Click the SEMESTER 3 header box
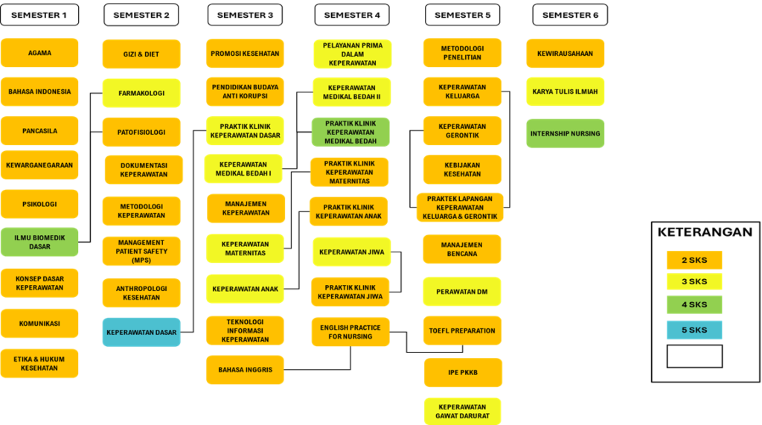pyautogui.click(x=245, y=15)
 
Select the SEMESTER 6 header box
pyautogui.click(x=570, y=15)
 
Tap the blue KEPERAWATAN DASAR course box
pyautogui.click(x=141, y=332)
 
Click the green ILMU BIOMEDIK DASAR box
pyautogui.click(x=39, y=242)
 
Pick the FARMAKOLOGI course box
pyautogui.click(x=141, y=93)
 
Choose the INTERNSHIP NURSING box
pyautogui.click(x=566, y=133)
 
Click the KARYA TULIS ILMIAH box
pyautogui.click(x=566, y=92)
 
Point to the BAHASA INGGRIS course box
pyautogui.click(x=245, y=370)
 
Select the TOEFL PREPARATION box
pyautogui.click(x=462, y=330)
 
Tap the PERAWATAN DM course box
pyautogui.click(x=461, y=292)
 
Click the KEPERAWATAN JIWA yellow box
pyautogui.click(x=352, y=252)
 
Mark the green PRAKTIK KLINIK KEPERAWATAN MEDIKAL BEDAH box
pyautogui.click(x=350, y=132)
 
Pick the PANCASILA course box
pyautogui.click(x=39, y=131)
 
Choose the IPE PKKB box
pyautogui.click(x=463, y=372)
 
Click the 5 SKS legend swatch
pyautogui.click(x=694, y=330)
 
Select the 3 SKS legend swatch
pyautogui.click(x=694, y=281)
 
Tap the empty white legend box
pyautogui.click(x=694, y=356)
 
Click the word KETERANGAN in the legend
pyautogui.click(x=705, y=232)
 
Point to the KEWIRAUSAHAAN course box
pyautogui.click(x=566, y=54)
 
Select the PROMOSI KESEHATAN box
pyautogui.click(x=245, y=54)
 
